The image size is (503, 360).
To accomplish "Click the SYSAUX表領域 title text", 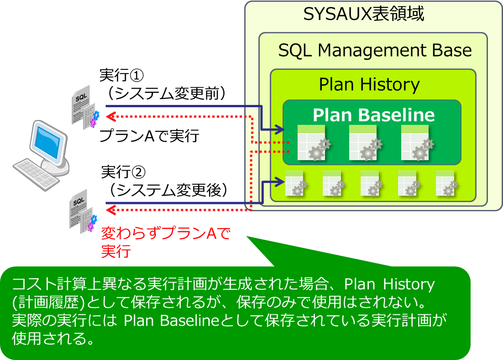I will pos(364,15).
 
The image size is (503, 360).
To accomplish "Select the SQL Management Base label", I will pos(375,50).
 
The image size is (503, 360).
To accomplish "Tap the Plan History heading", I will pos(369,84).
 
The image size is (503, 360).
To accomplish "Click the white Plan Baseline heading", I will pos(373,115).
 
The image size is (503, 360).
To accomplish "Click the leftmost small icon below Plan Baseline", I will pos(295,183).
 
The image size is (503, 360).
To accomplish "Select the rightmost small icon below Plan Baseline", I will pos(446,183).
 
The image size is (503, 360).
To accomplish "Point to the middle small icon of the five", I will pos(371,183).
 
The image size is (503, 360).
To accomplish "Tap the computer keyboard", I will pos(35,174).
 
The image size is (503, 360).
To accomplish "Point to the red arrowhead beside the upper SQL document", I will pos(110,116).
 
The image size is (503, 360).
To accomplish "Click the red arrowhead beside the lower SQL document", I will pos(110,210).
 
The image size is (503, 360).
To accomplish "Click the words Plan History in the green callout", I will pos(389,284).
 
